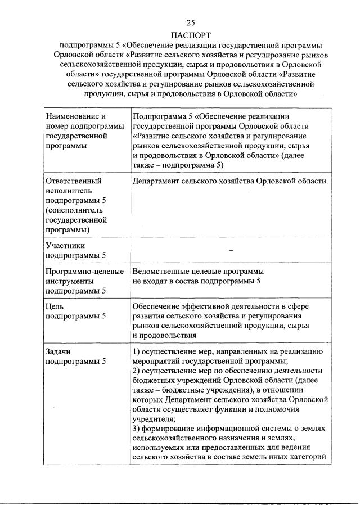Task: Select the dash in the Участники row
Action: click(231, 250)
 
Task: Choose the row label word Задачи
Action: click(58, 351)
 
